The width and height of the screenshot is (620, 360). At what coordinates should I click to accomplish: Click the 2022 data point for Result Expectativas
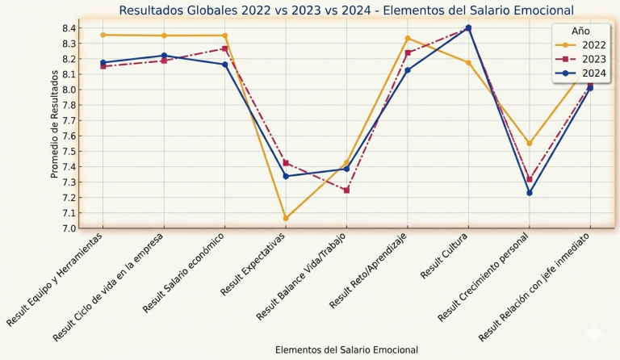point(286,218)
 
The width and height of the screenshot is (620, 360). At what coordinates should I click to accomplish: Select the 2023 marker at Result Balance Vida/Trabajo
point(347,190)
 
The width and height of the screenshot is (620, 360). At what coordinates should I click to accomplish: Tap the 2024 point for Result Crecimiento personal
point(530,193)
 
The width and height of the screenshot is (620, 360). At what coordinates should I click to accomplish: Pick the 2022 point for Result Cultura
point(468,62)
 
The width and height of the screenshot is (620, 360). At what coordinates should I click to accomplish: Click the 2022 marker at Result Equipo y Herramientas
point(103,35)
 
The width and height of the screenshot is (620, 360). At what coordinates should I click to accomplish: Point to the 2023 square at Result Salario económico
point(225,48)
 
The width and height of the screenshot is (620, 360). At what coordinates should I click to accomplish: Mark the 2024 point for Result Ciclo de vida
point(164,56)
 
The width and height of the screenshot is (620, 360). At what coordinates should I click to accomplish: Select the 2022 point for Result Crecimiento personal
point(530,144)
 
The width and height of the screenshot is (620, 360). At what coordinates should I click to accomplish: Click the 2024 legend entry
point(580,73)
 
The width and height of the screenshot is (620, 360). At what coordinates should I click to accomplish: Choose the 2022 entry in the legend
point(580,45)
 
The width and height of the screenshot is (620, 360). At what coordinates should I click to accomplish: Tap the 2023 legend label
point(594,59)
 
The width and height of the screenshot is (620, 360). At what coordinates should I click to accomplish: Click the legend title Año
point(580,31)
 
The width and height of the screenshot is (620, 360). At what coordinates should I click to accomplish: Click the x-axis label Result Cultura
point(444,256)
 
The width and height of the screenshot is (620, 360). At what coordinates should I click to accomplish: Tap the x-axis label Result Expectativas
point(253,264)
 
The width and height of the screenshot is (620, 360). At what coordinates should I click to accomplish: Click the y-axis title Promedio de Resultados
point(55,124)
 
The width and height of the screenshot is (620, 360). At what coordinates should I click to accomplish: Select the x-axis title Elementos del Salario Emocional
point(346,350)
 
